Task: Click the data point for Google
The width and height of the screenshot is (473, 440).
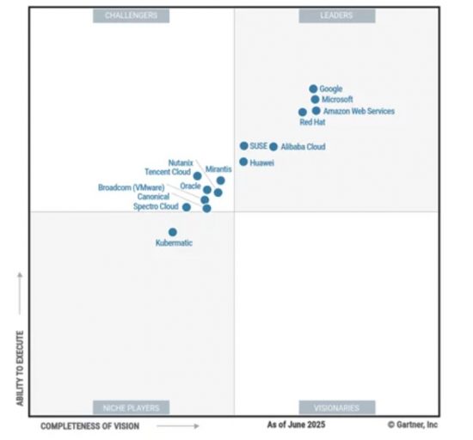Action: coord(313,89)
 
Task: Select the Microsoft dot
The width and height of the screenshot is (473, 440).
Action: coord(315,99)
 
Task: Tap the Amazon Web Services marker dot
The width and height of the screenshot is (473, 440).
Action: coord(316,111)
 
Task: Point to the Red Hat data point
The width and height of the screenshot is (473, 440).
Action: coord(302,112)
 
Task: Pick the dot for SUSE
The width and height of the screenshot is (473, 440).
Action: coord(243,146)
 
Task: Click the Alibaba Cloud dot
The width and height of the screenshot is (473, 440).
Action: coord(273,147)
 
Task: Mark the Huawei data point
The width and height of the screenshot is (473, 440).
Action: coord(243,162)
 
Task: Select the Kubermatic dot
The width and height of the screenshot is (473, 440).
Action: coord(173,232)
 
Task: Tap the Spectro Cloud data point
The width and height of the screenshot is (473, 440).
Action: coord(187,207)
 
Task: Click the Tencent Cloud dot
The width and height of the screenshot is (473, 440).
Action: coord(197,175)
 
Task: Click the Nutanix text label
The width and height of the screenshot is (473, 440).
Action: coord(181,163)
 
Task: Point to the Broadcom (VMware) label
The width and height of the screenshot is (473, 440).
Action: coord(132,187)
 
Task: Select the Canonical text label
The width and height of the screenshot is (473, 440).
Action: coord(153,197)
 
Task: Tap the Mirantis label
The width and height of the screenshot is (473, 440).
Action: coord(218,169)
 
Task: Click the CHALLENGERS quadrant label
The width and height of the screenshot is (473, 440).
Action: coord(132,15)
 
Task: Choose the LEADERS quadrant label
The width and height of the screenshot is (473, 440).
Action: coord(337,15)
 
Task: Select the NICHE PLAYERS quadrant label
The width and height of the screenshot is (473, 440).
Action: coord(132,407)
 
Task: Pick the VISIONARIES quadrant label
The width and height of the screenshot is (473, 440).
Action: coord(337,407)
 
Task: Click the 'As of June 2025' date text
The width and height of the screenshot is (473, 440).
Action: coord(296,425)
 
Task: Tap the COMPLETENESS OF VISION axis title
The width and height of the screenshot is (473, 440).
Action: coord(90,426)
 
